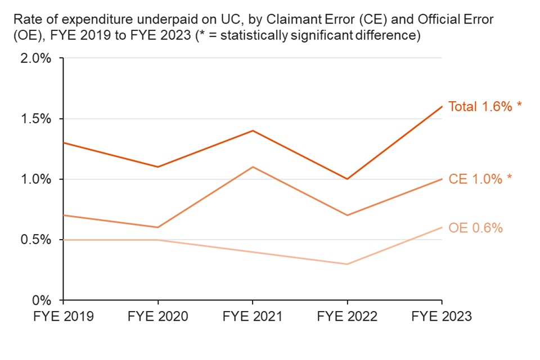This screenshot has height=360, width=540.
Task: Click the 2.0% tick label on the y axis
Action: tap(36, 58)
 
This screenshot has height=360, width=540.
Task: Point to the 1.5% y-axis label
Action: tap(36, 119)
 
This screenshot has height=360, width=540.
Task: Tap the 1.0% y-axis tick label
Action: tap(36, 179)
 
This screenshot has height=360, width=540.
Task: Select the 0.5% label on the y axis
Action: tap(36, 240)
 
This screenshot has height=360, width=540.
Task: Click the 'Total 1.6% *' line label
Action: tap(484, 106)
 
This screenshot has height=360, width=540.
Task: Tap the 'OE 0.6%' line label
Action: tap(475, 228)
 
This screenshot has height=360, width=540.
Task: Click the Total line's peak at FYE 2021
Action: tap(253, 130)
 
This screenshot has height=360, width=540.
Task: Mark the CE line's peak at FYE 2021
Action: tap(253, 166)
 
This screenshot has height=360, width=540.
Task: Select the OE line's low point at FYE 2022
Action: tap(347, 264)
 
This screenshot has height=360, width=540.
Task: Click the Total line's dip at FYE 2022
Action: tap(347, 179)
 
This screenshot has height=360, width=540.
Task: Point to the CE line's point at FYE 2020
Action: tap(157, 227)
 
